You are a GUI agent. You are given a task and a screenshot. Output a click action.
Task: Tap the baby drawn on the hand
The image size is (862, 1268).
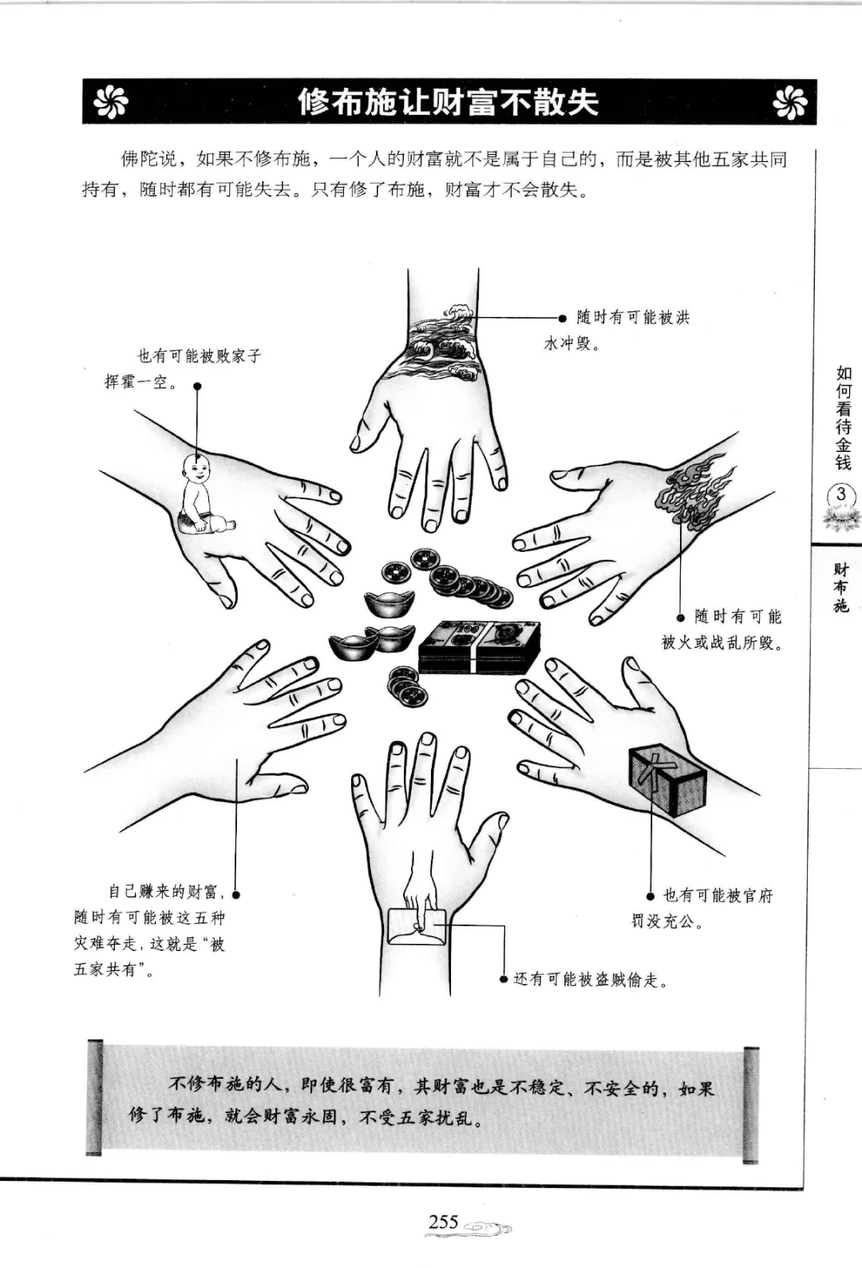coord(203,495)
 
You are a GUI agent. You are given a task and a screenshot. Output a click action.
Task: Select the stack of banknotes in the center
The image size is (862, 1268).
coord(479,648)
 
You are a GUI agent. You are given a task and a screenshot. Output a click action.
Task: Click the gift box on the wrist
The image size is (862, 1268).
coord(668,780)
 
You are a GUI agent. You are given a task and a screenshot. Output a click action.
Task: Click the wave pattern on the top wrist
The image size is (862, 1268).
coord(443,339)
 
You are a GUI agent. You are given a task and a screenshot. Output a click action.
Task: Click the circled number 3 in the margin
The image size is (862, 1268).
coord(840,494)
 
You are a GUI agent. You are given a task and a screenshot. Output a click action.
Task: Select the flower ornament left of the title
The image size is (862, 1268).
coord(111,102)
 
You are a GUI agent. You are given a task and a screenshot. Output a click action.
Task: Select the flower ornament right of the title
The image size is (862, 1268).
coord(789,102)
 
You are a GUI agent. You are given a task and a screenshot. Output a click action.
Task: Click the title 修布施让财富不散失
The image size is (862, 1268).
coord(449,102)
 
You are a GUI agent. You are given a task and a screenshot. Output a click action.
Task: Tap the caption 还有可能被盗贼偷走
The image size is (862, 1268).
coord(591,980)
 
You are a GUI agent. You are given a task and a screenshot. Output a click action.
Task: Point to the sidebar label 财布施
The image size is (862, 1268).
coord(841,588)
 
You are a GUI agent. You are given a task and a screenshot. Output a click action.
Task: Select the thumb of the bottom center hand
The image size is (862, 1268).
coord(492,835)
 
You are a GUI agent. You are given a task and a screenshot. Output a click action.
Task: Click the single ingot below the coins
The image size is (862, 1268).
coord(389,604)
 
